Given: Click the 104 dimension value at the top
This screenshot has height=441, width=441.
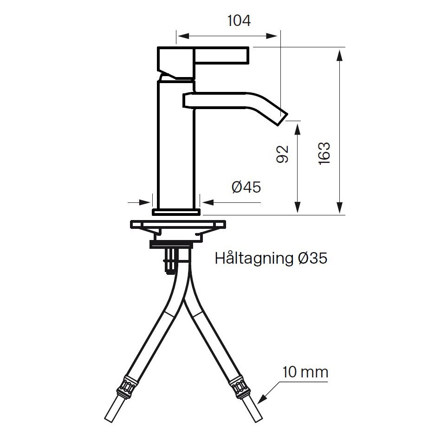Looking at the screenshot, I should [x=239, y=21].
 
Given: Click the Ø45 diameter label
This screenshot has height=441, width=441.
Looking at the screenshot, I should [x=246, y=187].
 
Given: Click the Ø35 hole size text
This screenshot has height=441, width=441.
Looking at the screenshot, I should [x=311, y=258].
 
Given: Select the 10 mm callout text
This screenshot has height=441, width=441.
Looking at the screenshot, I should [x=305, y=372].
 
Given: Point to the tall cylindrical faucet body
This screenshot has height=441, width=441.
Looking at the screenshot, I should [x=176, y=144].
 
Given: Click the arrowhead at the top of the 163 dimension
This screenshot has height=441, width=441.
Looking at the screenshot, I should [x=340, y=53].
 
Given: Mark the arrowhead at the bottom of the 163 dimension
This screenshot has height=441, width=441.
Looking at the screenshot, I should [x=340, y=208].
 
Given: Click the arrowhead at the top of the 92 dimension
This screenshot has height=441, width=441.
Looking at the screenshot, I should [x=298, y=127].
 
